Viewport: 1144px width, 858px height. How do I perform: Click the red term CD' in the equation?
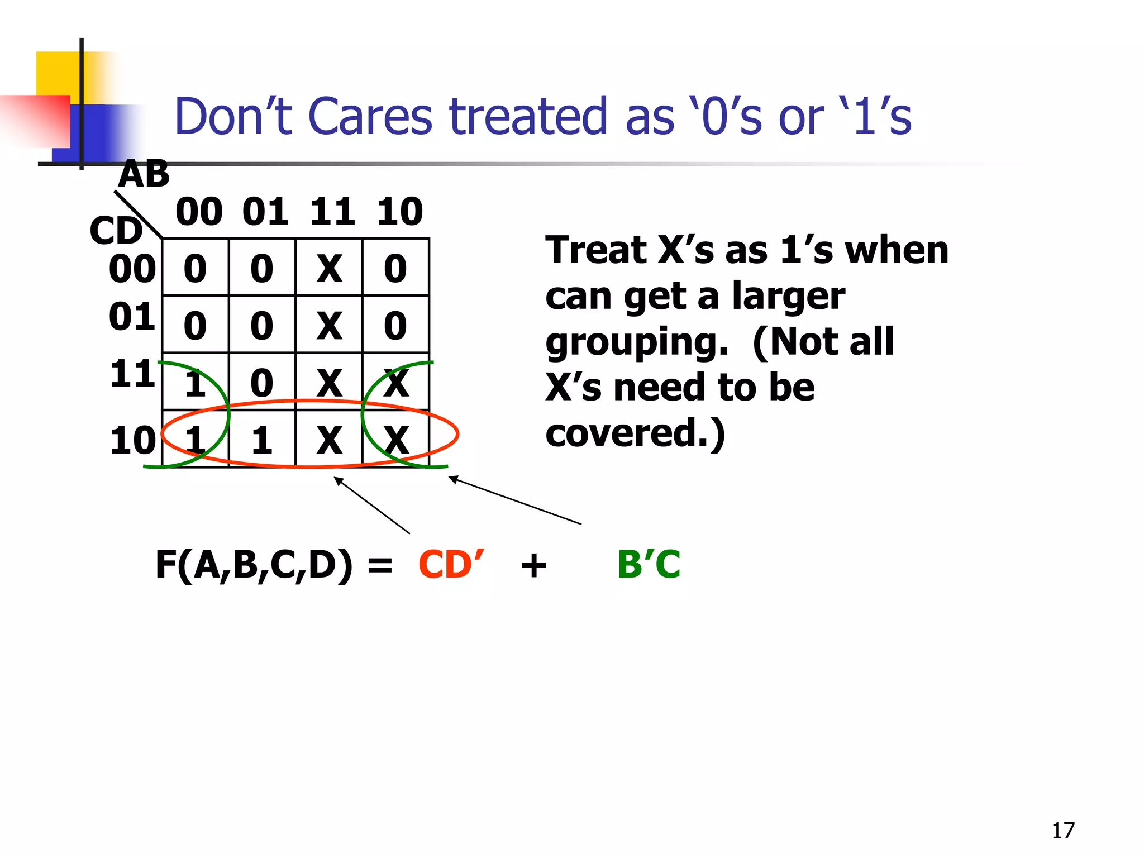click(450, 564)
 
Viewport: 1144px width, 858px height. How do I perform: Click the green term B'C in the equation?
click(649, 564)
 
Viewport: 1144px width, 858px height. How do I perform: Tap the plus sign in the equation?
click(533, 565)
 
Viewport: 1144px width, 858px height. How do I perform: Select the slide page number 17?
click(1062, 831)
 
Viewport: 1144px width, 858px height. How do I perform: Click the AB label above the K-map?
click(144, 174)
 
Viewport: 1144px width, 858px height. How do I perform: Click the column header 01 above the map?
click(265, 212)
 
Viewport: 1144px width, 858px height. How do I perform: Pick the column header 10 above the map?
click(399, 212)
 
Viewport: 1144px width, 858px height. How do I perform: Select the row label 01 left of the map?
click(132, 317)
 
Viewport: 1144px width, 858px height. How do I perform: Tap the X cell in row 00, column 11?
click(329, 269)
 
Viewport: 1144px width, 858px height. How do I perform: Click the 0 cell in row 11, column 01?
click(262, 383)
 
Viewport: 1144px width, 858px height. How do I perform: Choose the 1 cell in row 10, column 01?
click(262, 440)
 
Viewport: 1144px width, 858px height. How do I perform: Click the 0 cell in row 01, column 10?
click(395, 326)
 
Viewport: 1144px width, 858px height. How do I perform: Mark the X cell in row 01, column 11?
click(329, 326)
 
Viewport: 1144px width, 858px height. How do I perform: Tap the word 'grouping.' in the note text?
click(637, 342)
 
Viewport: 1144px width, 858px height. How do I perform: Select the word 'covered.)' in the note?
click(635, 433)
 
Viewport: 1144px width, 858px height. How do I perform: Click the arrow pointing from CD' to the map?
click(371, 505)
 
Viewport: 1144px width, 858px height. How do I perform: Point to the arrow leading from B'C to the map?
click(514, 500)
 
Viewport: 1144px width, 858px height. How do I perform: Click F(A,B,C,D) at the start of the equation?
click(254, 564)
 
